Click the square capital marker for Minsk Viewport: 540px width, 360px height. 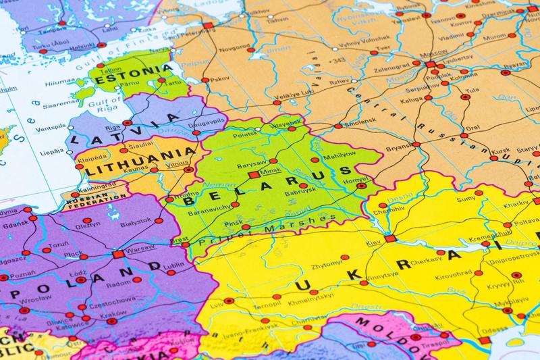tap(254, 174)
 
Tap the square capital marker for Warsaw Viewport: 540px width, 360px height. tap(117, 255)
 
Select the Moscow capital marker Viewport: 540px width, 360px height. tap(430, 64)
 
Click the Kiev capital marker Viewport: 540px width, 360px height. tap(389, 238)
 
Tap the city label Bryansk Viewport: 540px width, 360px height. tap(398, 148)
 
